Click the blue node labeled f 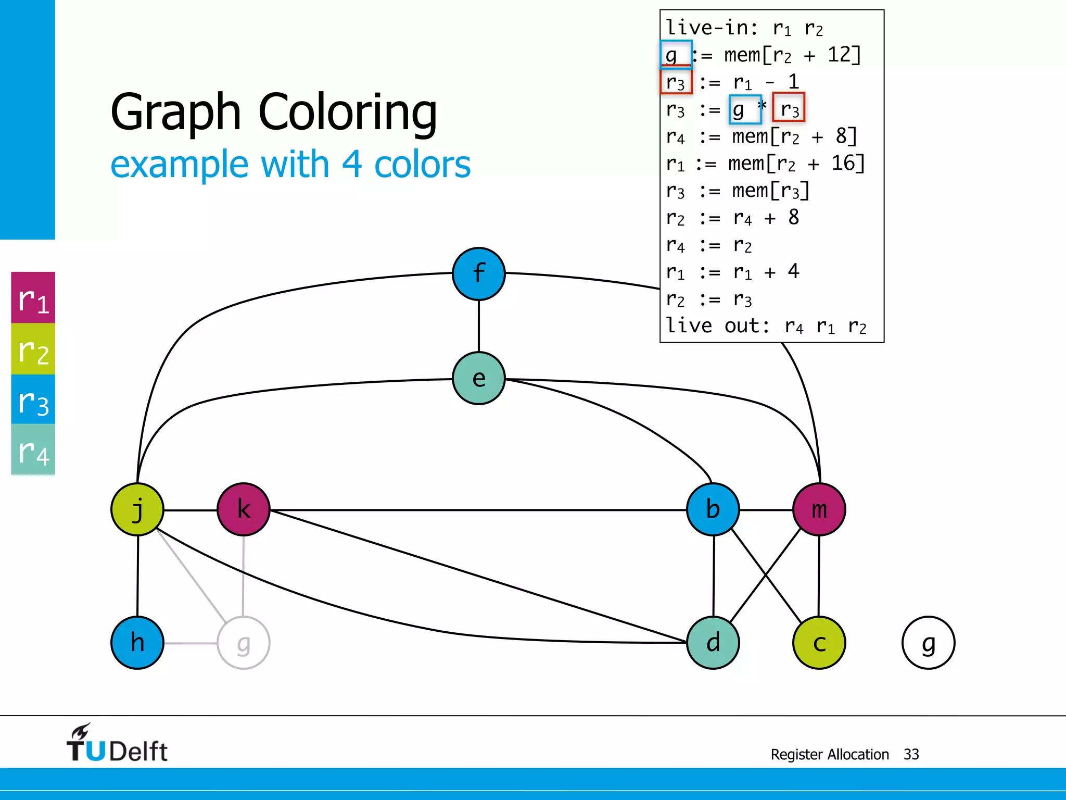[x=479, y=274]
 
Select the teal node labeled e [x=479, y=378]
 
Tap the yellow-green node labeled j [x=137, y=509]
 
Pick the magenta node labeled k [x=244, y=509]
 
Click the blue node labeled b [x=713, y=509]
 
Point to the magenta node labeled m [x=819, y=509]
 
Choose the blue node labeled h [x=137, y=643]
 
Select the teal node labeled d [x=713, y=643]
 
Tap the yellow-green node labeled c [x=819, y=643]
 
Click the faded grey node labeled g [x=244, y=643]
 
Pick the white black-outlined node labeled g [x=929, y=643]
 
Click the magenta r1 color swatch [x=33, y=298]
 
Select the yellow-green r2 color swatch [x=33, y=349]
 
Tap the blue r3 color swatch [x=33, y=400]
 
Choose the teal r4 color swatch [x=33, y=450]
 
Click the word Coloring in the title [x=348, y=113]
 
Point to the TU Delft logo [x=117, y=744]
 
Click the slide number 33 [x=911, y=754]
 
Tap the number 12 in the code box [x=839, y=54]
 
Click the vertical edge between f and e [x=479, y=326]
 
